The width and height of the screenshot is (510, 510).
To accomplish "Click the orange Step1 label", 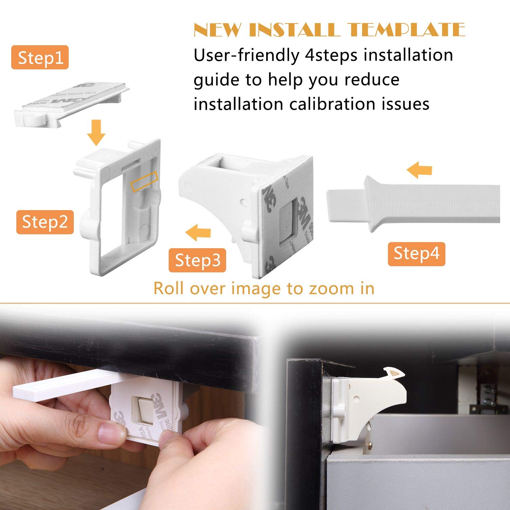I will click(x=40, y=57).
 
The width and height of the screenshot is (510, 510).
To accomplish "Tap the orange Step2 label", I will click(x=45, y=222).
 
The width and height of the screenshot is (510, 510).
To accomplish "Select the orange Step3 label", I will click(x=197, y=260).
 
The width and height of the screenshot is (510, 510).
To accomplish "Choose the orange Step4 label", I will click(x=416, y=254).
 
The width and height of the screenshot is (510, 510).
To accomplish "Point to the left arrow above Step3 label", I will click(x=198, y=233).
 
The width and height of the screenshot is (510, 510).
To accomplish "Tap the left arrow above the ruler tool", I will click(x=419, y=170).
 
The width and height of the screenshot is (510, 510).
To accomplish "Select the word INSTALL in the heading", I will click(x=294, y=30).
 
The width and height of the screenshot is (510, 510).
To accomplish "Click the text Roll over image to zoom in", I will click(x=264, y=288).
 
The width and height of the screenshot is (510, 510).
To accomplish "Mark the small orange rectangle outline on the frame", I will click(x=144, y=181).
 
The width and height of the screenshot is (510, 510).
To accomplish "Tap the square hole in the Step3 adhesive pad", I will click(x=289, y=226).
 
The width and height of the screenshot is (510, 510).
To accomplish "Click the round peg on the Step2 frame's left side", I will click(x=88, y=224).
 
